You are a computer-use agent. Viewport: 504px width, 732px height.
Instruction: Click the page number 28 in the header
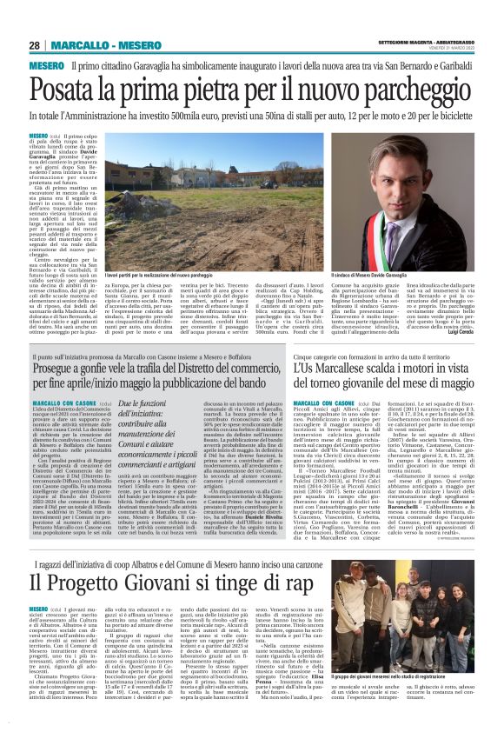click(x=35, y=46)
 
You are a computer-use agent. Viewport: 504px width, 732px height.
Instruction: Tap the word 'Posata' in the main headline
click(x=71, y=89)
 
